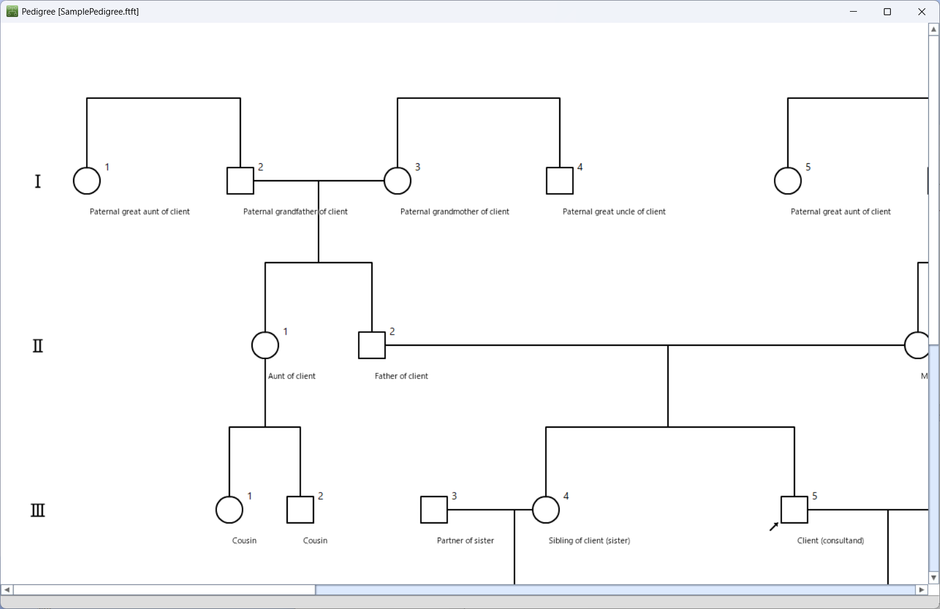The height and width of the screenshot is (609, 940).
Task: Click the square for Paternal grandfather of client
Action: (x=240, y=181)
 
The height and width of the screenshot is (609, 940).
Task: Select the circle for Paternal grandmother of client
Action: (x=397, y=181)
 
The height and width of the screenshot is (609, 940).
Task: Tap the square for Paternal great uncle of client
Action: (x=559, y=181)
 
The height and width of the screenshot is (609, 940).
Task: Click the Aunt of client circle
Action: (x=265, y=345)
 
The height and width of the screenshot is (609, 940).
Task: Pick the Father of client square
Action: (x=371, y=345)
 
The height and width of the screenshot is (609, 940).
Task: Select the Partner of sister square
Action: (x=433, y=510)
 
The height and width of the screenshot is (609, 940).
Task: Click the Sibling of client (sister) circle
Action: (x=546, y=510)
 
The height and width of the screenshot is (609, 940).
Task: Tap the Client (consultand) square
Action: (x=794, y=510)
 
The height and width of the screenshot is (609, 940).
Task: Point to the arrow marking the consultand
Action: (x=773, y=527)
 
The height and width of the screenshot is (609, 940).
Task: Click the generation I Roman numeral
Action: (x=38, y=181)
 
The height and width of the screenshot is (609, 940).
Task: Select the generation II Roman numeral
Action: (x=38, y=346)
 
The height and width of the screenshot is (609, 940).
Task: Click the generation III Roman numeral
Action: (x=38, y=510)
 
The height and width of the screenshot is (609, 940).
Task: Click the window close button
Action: (x=922, y=12)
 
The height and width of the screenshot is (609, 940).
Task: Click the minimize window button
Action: (x=853, y=12)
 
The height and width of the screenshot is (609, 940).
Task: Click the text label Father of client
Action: (x=401, y=376)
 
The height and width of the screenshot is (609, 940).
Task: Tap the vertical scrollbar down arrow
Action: (x=934, y=577)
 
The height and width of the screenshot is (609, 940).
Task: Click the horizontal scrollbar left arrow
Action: (x=7, y=590)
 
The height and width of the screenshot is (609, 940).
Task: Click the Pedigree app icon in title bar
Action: (x=12, y=12)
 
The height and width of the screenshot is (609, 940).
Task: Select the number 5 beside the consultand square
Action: (x=815, y=496)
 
